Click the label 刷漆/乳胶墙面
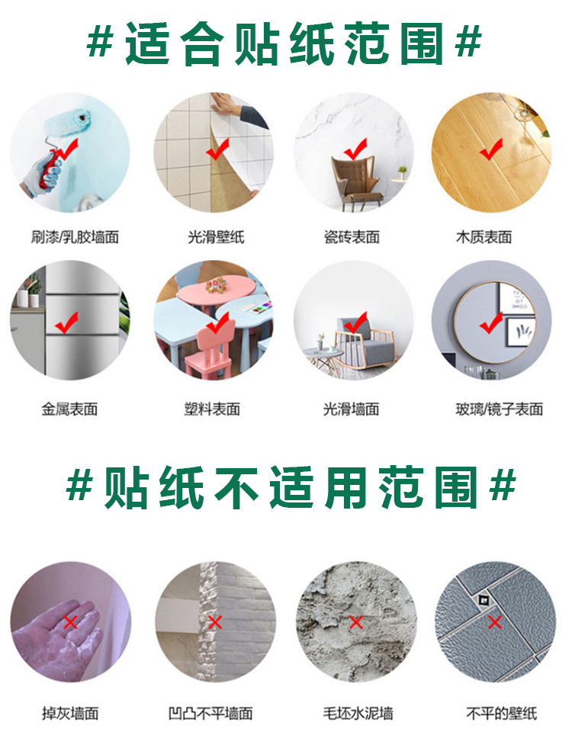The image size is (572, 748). click(75, 237)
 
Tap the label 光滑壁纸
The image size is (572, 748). click(216, 237)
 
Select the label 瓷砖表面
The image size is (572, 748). click(352, 237)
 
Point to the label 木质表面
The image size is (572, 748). click(484, 237)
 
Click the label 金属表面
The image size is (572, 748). click(69, 409)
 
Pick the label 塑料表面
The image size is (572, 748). click(212, 409)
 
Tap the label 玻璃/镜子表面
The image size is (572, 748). click(499, 409)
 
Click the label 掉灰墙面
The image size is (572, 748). click(70, 714)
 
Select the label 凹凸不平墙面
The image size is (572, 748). click(210, 714)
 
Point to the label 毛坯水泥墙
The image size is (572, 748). click(358, 714)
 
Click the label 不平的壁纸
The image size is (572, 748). click(502, 714)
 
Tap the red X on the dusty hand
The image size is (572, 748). click(71, 622)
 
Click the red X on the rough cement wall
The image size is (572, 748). click(356, 622)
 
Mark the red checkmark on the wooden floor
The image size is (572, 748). click(491, 149)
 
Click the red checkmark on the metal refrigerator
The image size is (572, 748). click(66, 323)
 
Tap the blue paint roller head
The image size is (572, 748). click(67, 125)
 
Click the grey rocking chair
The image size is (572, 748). click(364, 343)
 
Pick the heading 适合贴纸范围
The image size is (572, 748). click(284, 43)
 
